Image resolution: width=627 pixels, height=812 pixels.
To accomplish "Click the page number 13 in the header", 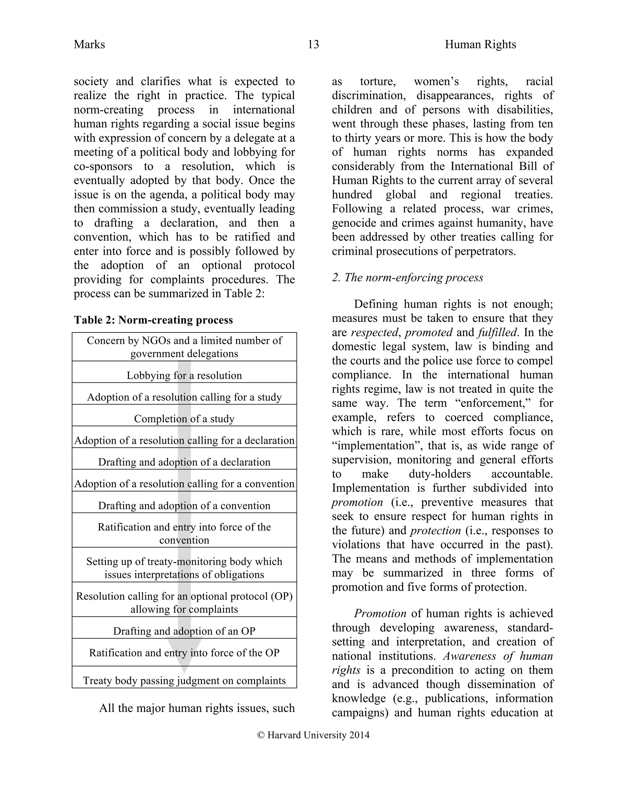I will point(313,45).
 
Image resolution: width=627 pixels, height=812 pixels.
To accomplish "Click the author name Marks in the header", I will point(89,45).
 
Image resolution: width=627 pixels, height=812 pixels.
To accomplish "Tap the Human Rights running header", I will point(480,45).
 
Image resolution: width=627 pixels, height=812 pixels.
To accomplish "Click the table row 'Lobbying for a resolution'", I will point(184,375).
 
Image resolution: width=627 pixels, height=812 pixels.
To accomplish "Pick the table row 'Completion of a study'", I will point(184,419).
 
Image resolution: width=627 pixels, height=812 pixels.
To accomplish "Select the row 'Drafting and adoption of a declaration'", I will point(184,462).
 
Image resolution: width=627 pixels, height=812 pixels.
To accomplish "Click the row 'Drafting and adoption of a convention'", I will point(184,505).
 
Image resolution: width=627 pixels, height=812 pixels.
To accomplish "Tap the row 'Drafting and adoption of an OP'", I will point(184,631).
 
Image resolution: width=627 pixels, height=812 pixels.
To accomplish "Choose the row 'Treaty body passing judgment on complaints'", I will point(184,680).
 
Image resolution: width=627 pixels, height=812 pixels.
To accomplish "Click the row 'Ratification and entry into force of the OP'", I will point(184,653).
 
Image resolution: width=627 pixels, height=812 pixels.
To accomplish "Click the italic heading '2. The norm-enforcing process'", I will point(407,277).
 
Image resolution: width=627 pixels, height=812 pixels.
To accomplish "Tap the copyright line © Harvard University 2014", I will point(313,735).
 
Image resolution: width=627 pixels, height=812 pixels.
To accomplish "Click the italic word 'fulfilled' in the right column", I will point(498,332).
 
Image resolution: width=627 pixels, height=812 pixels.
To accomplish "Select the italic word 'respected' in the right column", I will point(374,332).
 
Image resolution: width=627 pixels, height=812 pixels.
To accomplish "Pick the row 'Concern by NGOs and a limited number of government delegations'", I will point(184,347).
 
